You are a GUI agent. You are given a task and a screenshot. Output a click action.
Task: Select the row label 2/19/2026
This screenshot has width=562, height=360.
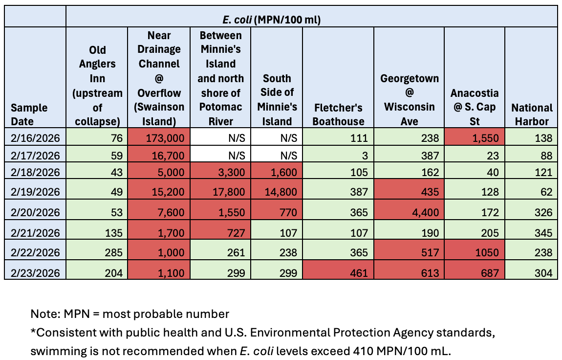(35, 192)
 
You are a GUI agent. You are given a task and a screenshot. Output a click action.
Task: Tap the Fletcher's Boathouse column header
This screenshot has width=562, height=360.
(338, 114)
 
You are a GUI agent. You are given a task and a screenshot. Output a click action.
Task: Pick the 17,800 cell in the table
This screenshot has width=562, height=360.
(221, 192)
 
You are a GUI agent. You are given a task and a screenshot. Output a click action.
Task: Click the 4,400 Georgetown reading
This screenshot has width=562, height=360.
(409, 212)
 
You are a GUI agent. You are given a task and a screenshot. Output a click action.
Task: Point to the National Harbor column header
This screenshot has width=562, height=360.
(531, 114)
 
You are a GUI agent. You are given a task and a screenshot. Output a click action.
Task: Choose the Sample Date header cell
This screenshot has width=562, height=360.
(36, 114)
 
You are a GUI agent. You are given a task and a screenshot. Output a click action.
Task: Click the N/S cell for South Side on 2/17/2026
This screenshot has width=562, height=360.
(277, 156)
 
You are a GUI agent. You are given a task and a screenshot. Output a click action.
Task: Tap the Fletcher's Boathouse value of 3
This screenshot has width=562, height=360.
(338, 156)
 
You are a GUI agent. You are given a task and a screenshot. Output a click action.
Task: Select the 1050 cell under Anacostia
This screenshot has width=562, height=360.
(474, 252)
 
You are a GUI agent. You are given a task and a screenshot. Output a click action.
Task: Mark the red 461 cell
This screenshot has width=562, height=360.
(338, 272)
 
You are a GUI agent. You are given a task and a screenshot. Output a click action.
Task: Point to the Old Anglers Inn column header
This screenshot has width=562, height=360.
(97, 86)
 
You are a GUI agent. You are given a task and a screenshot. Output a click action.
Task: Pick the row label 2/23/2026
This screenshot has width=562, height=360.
(35, 272)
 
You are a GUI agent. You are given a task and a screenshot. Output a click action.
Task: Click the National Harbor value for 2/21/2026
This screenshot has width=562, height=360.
(531, 232)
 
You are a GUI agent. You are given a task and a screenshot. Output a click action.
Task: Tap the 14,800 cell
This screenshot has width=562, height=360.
(277, 192)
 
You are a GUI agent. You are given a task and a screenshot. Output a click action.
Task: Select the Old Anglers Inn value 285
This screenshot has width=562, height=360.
(97, 252)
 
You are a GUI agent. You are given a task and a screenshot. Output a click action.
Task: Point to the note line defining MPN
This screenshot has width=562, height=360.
(130, 314)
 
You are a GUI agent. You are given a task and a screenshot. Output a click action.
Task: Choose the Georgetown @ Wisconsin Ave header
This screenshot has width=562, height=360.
(409, 99)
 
